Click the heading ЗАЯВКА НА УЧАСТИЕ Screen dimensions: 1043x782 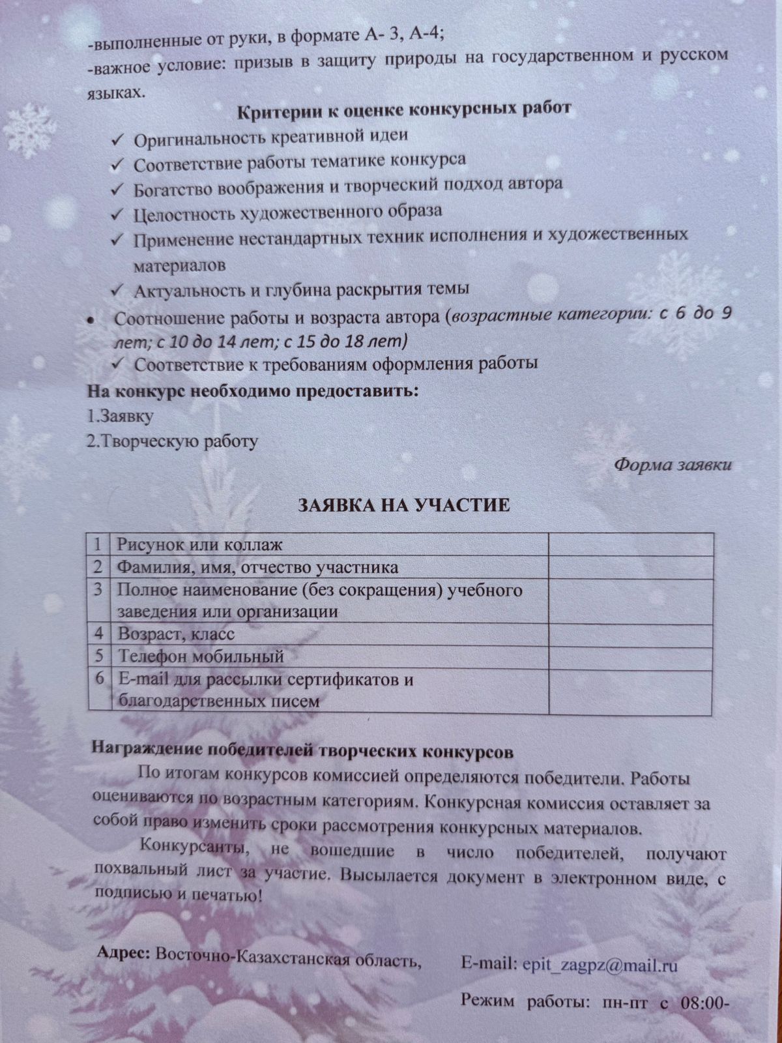pos(404,506)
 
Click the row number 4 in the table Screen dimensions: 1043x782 pos(98,633)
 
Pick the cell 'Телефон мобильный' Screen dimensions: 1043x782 pos(200,656)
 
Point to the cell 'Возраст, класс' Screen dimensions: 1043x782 pos(176,633)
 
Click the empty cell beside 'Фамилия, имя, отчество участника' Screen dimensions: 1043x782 pos(630,566)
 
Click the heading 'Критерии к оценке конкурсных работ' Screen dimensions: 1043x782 pos(404,110)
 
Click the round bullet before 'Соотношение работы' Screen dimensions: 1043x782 pos(92,321)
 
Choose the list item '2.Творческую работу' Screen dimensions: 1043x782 pos(173,441)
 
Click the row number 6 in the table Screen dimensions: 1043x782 pos(99,679)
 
